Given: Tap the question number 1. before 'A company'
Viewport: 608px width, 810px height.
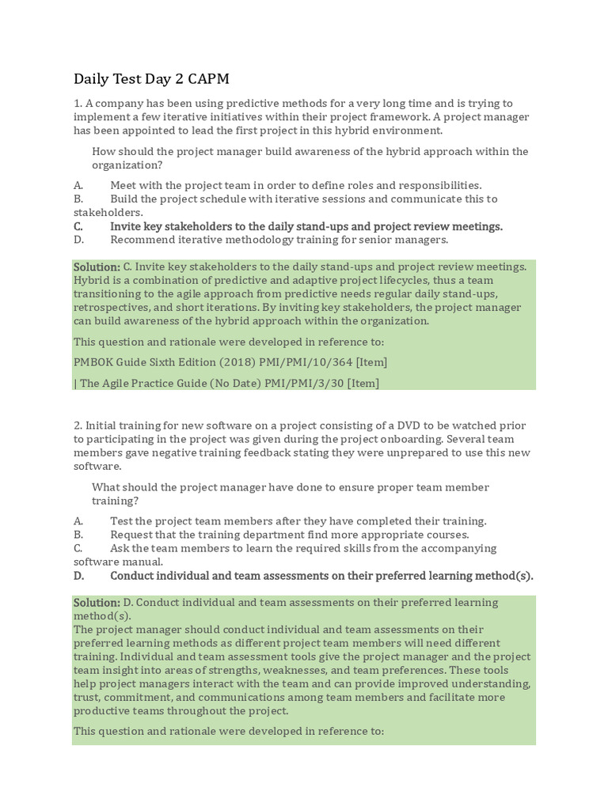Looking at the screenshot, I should [78, 104].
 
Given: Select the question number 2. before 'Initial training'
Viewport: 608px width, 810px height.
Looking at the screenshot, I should [78, 426].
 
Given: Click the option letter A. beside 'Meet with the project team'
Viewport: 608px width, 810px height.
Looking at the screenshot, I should [78, 185].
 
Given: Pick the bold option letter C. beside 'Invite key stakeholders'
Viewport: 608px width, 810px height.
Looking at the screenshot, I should [78, 226].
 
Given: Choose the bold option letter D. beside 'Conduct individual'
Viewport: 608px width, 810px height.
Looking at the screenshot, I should [78, 576].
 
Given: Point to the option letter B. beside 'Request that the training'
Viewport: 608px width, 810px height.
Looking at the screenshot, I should [78, 535].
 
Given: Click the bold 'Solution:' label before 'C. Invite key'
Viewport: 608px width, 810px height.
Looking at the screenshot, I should [97, 267].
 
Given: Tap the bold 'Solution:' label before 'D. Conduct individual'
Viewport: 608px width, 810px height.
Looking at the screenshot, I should [97, 603].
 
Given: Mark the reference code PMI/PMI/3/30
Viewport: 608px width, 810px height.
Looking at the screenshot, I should [297, 384].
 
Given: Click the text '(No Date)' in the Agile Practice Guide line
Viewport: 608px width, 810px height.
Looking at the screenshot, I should [235, 384].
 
